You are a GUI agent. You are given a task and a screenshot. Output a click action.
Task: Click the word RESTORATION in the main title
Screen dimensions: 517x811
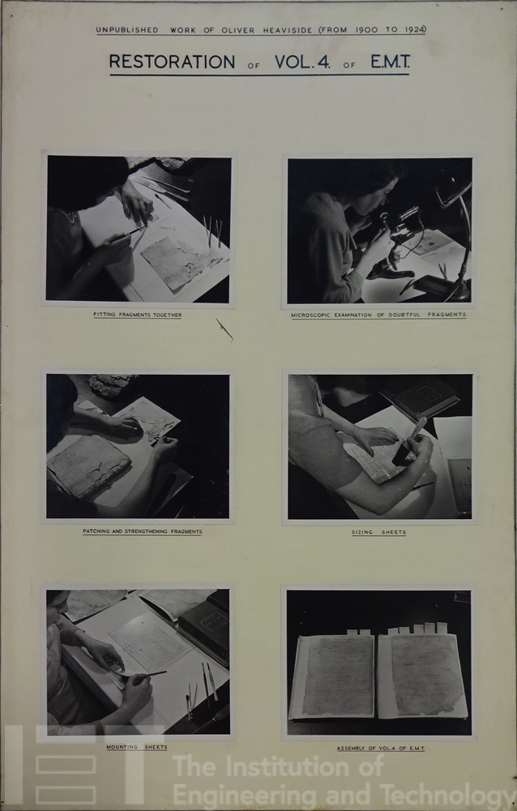click(172, 62)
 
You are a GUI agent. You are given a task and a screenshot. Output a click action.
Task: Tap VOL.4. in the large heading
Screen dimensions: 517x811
click(302, 62)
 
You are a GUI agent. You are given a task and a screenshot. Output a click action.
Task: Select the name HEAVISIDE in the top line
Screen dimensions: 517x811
click(288, 30)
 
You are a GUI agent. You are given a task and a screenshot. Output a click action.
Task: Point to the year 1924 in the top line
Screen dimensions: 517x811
click(413, 29)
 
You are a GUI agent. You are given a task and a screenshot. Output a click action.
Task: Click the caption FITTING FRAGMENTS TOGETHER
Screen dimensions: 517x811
click(138, 315)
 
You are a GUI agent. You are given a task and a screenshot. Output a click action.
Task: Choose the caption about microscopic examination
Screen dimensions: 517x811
click(378, 315)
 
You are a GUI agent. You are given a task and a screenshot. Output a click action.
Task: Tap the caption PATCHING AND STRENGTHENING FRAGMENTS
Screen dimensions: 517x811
click(143, 531)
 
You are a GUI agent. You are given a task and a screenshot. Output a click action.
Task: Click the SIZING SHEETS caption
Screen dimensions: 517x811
click(379, 532)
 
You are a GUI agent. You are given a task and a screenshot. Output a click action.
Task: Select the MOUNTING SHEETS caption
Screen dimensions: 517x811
click(137, 747)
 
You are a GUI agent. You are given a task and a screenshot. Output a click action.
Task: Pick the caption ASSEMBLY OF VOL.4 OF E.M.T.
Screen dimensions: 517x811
click(381, 748)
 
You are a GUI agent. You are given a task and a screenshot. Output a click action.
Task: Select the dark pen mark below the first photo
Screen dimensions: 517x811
click(224, 329)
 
